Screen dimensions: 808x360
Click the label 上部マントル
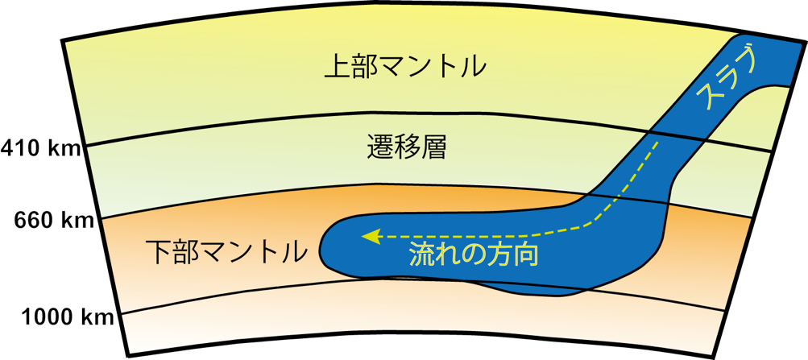404,67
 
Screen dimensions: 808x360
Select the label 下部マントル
226,250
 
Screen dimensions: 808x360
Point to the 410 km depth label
41,149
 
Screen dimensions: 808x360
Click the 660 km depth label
54,221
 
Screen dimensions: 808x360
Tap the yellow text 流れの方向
474,254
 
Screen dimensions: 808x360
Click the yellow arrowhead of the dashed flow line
370,236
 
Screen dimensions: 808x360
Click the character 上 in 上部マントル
337,67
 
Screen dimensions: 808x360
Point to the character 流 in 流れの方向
422,254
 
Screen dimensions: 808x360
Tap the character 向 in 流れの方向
526,254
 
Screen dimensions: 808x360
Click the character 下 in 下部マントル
159,250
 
